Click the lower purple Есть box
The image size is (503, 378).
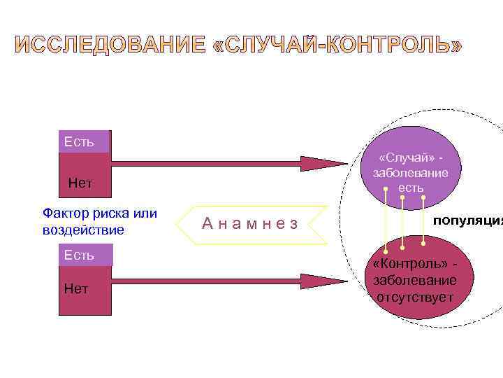tap(84, 255)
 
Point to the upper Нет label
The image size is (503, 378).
tap(80, 183)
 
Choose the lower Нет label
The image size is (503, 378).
tap(76, 288)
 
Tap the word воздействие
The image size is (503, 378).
tap(82, 230)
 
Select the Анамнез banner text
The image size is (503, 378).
tap(251, 223)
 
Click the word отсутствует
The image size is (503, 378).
tap(415, 297)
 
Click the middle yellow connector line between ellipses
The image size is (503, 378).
tap(402, 221)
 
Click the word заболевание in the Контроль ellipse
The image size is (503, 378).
tap(415, 281)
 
